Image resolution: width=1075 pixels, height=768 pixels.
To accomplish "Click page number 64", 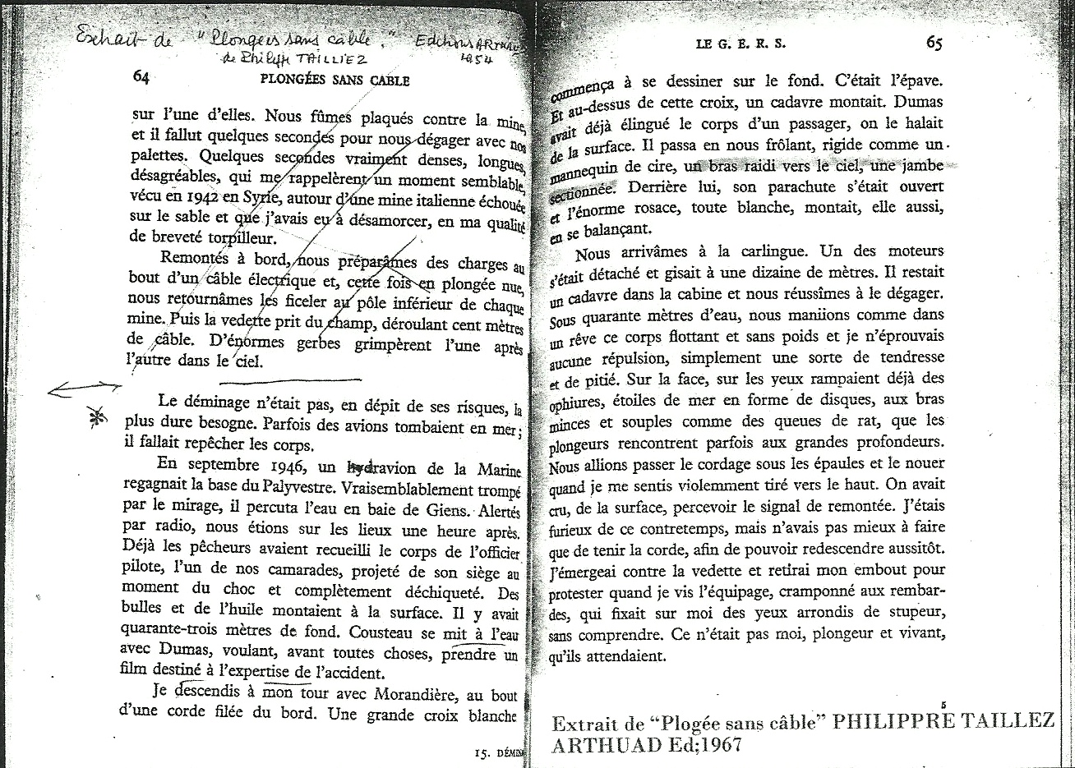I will coord(140,77).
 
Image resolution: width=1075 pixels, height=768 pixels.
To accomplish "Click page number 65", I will coord(934,43).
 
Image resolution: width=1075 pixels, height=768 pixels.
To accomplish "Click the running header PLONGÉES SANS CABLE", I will coord(334,80).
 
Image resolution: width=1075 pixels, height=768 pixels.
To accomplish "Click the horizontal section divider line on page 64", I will coord(289,379).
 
